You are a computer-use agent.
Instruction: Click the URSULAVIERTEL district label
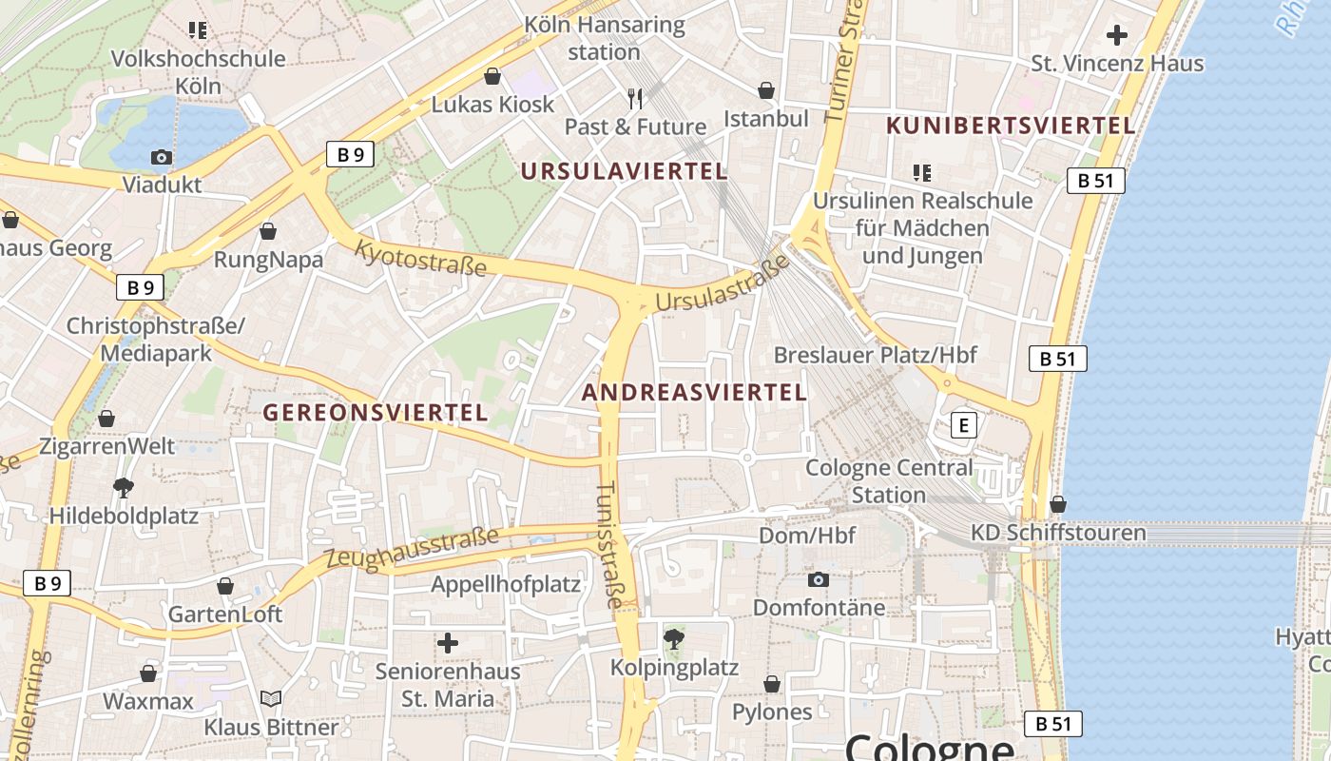[x=625, y=171]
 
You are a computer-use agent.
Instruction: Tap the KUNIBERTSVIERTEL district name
[x=1011, y=126]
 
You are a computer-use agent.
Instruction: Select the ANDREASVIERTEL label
[x=694, y=392]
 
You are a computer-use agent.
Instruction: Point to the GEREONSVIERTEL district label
[x=375, y=412]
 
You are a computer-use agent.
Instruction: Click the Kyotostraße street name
[x=420, y=258]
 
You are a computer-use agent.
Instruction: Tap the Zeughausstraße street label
[x=411, y=549]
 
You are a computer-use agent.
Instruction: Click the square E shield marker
[x=963, y=425]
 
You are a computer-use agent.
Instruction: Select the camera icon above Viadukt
[x=162, y=157]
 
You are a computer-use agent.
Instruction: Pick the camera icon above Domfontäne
[x=818, y=579]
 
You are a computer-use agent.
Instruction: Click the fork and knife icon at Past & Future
[x=635, y=98]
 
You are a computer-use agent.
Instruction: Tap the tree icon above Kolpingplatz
[x=674, y=638]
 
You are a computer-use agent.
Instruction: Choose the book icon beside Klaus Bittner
[x=271, y=699]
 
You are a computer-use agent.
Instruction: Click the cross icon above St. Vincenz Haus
[x=1117, y=36]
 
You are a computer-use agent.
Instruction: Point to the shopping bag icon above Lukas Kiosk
[x=492, y=76]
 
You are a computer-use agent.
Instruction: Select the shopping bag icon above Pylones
[x=772, y=684]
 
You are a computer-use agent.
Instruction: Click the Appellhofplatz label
[x=506, y=584]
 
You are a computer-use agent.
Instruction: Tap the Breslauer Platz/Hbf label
[x=875, y=355]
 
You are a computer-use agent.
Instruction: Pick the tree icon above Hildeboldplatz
[x=123, y=488]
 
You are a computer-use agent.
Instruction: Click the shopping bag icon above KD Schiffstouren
[x=1057, y=504]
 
